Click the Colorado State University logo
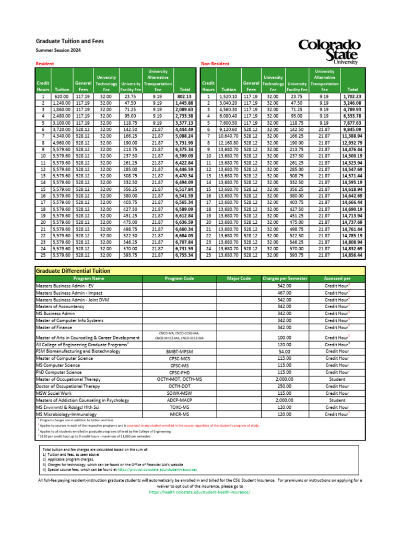click(329, 52)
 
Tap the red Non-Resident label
click(215, 63)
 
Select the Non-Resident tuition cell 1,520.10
click(229, 96)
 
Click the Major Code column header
click(239, 278)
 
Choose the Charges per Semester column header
click(285, 278)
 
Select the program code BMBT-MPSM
click(179, 351)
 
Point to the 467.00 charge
click(285, 293)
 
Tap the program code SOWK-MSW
click(179, 393)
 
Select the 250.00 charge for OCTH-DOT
click(285, 386)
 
